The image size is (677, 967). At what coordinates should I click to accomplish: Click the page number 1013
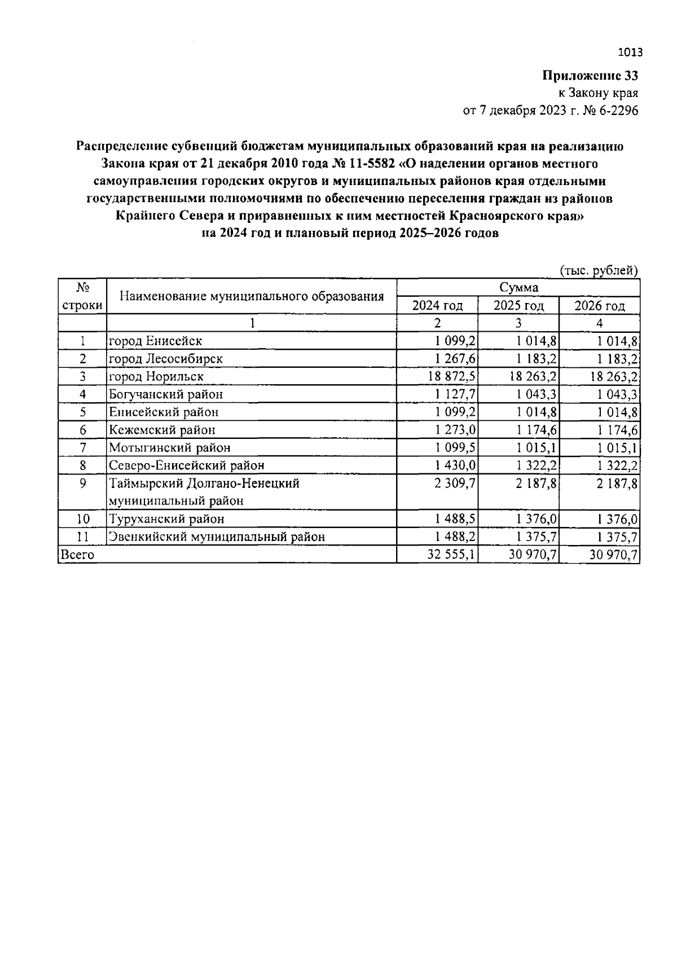click(630, 53)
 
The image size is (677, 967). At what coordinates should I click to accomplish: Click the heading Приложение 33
click(590, 76)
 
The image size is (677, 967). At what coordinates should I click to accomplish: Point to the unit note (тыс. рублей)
click(599, 270)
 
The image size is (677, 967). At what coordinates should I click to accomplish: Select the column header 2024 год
click(437, 306)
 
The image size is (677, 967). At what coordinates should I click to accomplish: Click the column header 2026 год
click(599, 306)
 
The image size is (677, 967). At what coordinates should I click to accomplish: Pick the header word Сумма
click(518, 288)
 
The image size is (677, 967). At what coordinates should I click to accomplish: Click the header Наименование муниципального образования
click(252, 296)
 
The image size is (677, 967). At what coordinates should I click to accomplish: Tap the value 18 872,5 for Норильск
click(452, 376)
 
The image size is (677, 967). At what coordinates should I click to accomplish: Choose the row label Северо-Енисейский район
click(187, 465)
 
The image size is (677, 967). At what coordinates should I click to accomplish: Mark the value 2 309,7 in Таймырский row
click(455, 483)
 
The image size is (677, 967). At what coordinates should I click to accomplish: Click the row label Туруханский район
click(166, 519)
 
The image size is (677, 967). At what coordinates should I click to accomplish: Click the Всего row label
click(77, 555)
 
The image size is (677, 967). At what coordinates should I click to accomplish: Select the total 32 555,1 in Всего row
click(452, 555)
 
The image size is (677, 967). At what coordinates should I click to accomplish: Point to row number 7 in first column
click(82, 447)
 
